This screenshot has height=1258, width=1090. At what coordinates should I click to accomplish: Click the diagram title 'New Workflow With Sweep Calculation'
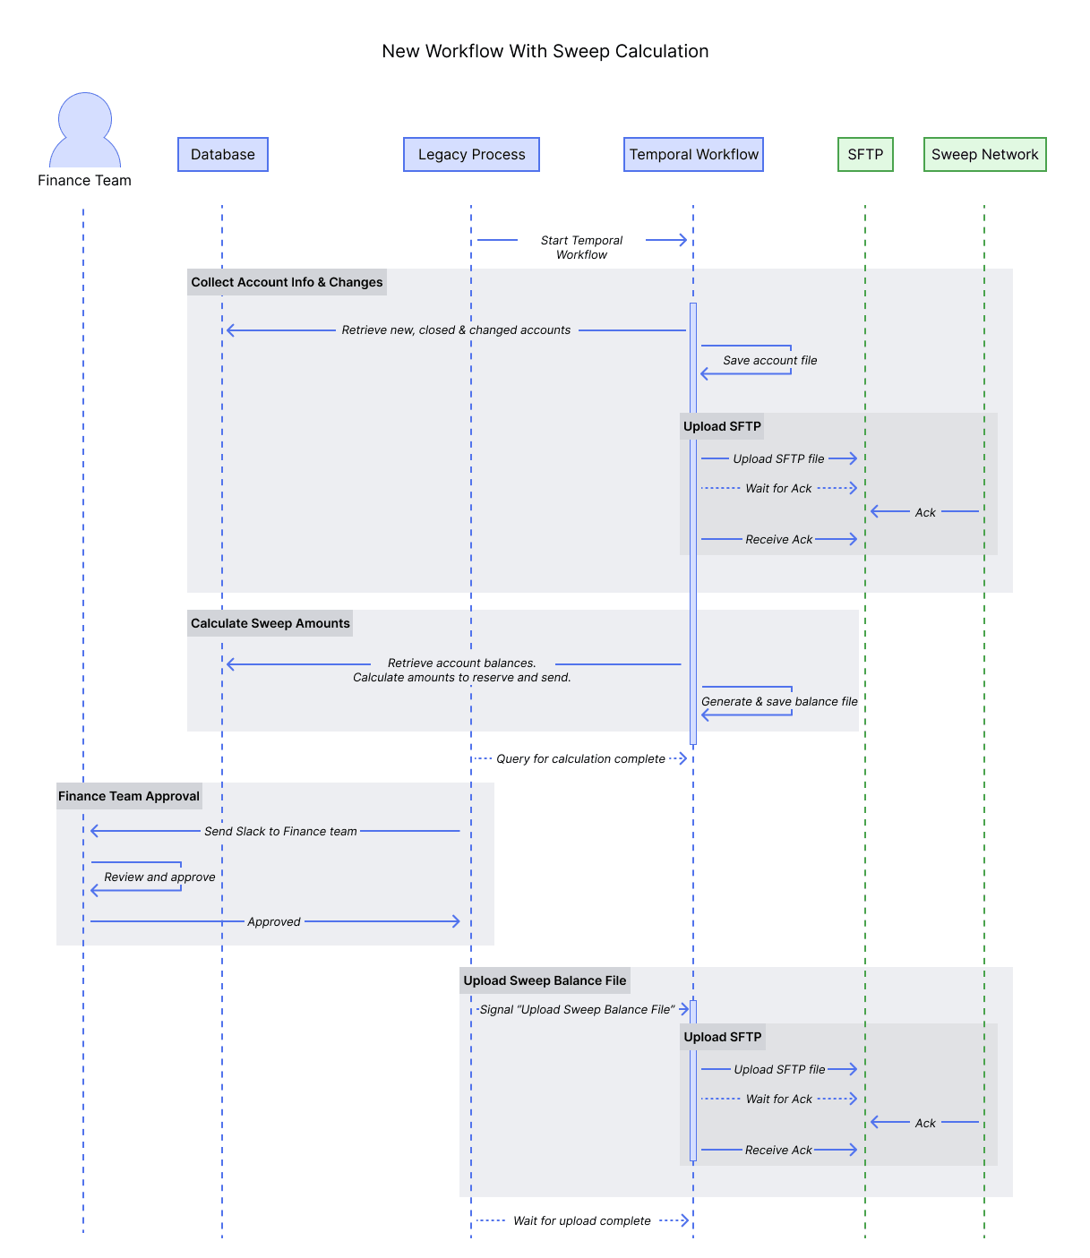pyautogui.click(x=545, y=52)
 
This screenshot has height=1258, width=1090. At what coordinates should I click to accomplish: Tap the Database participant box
pyautogui.click(x=223, y=155)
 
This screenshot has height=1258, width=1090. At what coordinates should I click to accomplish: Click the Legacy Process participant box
pyautogui.click(x=471, y=155)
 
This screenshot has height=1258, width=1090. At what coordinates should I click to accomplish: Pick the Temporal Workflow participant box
pyautogui.click(x=693, y=155)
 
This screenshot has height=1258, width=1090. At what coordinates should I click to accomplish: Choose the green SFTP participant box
pyautogui.click(x=865, y=155)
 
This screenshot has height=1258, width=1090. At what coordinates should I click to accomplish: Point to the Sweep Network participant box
pyautogui.click(x=984, y=155)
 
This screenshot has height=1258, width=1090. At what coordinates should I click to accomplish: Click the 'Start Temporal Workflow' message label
pyautogui.click(x=581, y=247)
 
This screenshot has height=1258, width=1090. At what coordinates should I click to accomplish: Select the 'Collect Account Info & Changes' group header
pyautogui.click(x=287, y=283)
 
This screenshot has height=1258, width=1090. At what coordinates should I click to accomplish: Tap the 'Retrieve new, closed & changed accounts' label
pyautogui.click(x=456, y=330)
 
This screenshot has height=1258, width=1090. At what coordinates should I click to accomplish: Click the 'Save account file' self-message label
pyautogui.click(x=769, y=361)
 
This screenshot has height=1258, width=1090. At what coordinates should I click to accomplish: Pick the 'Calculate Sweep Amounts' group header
pyautogui.click(x=270, y=624)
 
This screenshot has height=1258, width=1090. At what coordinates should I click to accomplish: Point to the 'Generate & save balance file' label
pyautogui.click(x=779, y=702)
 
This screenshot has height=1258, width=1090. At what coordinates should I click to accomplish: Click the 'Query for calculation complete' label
pyautogui.click(x=580, y=759)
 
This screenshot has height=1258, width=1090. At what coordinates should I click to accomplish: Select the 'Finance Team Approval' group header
pyautogui.click(x=129, y=797)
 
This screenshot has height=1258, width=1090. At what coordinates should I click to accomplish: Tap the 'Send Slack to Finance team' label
pyautogui.click(x=280, y=832)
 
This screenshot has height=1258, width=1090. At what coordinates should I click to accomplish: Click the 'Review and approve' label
pyautogui.click(x=159, y=877)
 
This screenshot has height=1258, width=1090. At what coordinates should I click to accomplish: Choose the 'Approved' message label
pyautogui.click(x=274, y=922)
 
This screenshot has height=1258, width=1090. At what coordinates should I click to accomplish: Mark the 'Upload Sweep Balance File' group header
pyautogui.click(x=545, y=981)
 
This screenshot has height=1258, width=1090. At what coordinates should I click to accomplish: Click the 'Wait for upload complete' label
pyautogui.click(x=581, y=1221)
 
